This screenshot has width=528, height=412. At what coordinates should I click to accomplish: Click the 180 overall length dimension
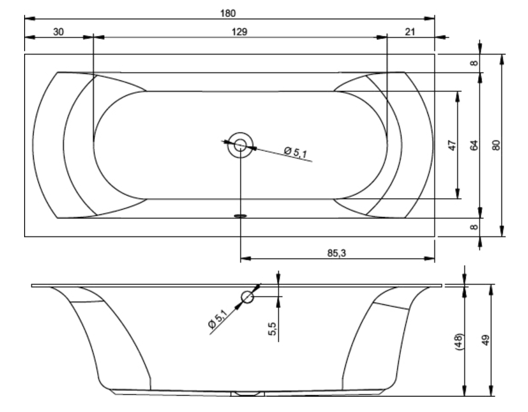tap(228, 14)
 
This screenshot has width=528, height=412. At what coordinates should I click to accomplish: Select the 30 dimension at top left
tap(58, 32)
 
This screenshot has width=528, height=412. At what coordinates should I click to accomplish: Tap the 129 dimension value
tap(239, 32)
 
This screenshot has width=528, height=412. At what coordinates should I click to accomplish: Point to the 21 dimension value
tap(410, 32)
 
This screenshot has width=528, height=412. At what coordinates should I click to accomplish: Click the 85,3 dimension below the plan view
tap(336, 253)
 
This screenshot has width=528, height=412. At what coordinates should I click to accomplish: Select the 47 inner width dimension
tap(453, 145)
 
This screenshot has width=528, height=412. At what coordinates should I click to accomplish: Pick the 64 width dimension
tap(474, 145)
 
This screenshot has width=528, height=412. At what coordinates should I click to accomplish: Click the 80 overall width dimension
tap(496, 145)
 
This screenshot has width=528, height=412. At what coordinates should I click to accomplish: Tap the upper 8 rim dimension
tap(474, 63)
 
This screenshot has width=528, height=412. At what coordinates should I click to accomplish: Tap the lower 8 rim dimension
tap(474, 227)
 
